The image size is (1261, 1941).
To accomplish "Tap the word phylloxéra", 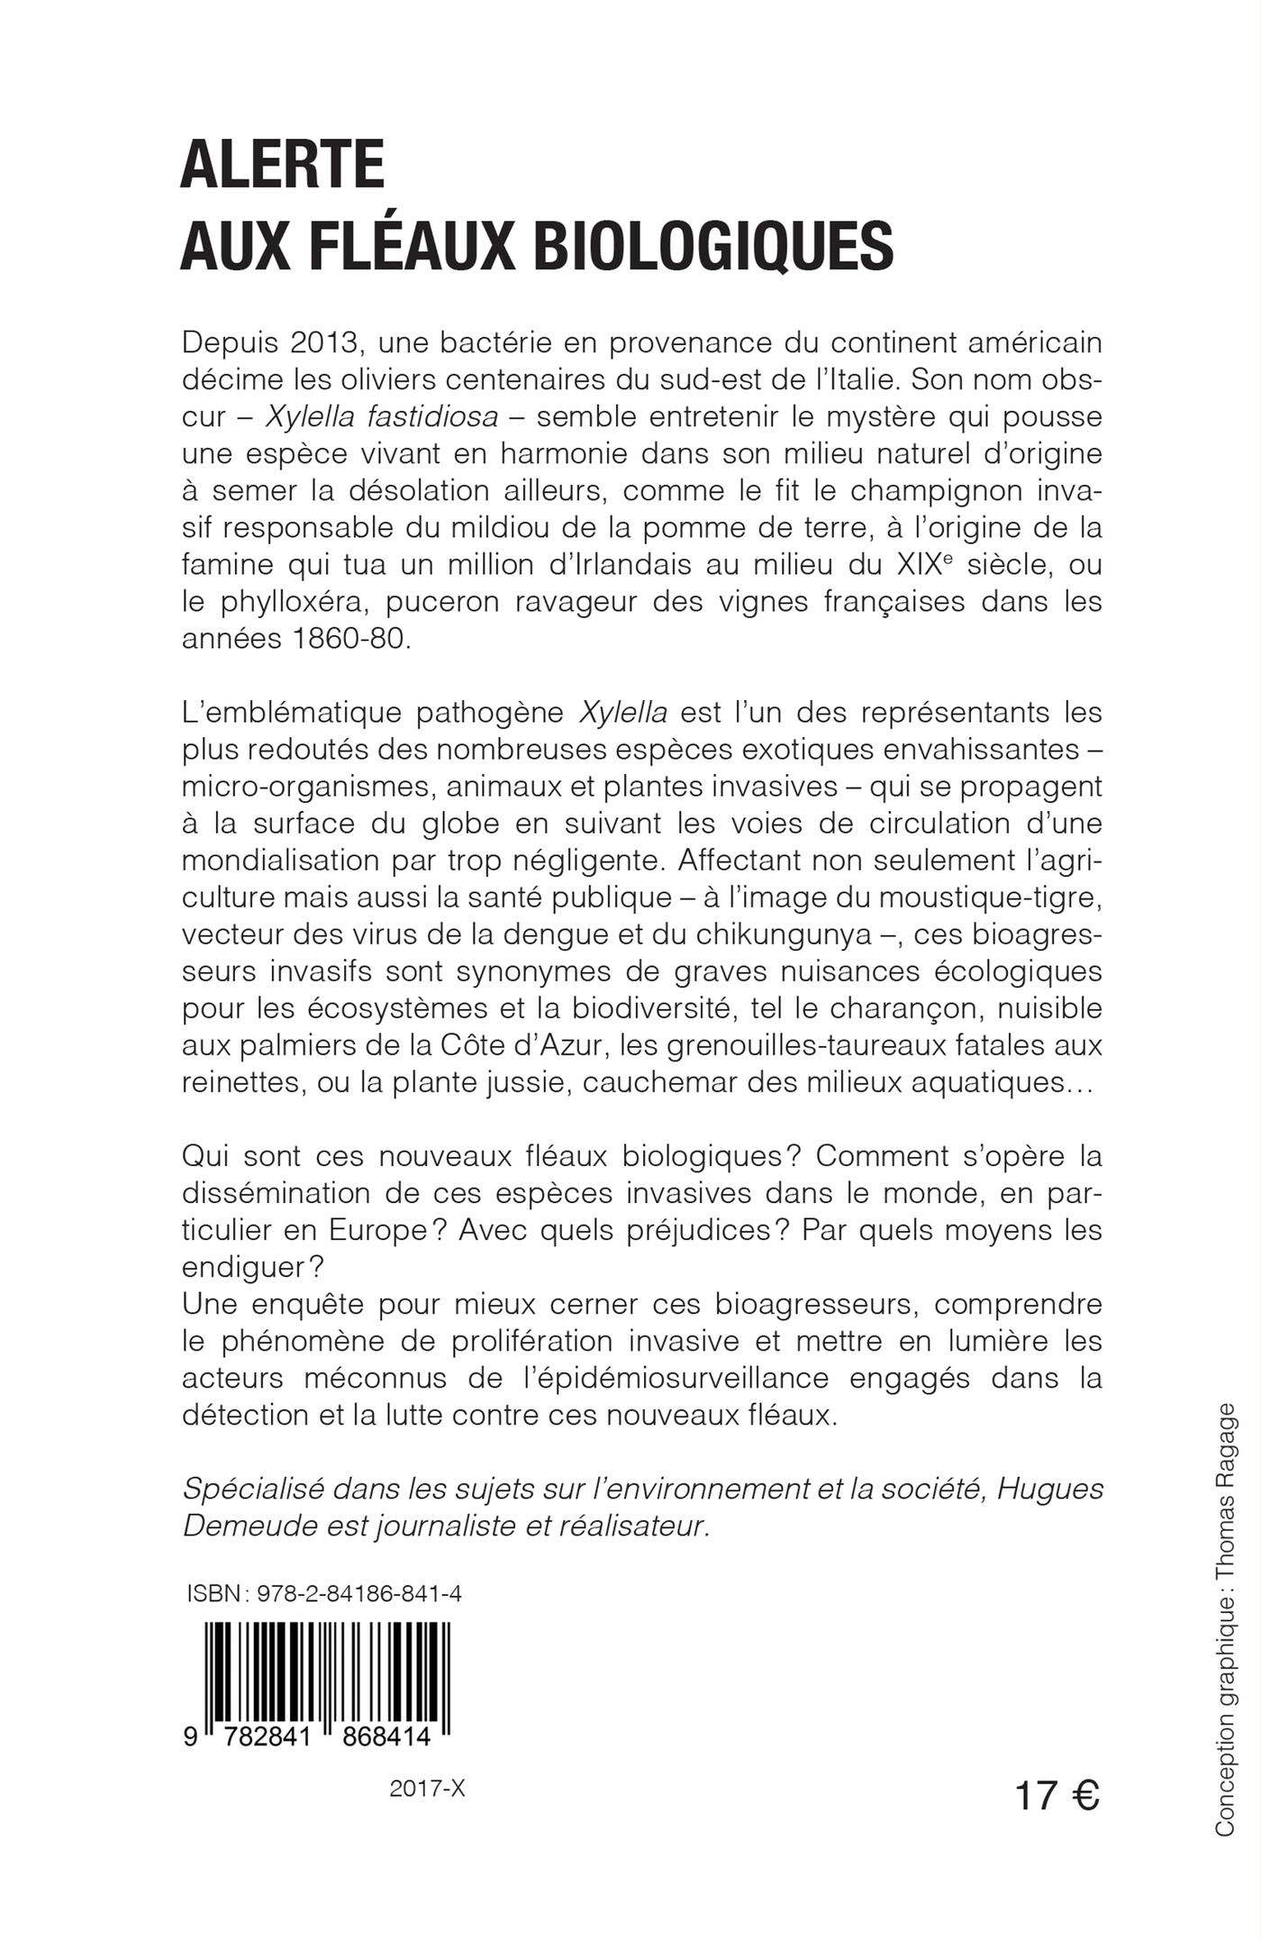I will (x=310, y=602).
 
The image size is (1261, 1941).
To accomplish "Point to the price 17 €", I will (x=1057, y=1795).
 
